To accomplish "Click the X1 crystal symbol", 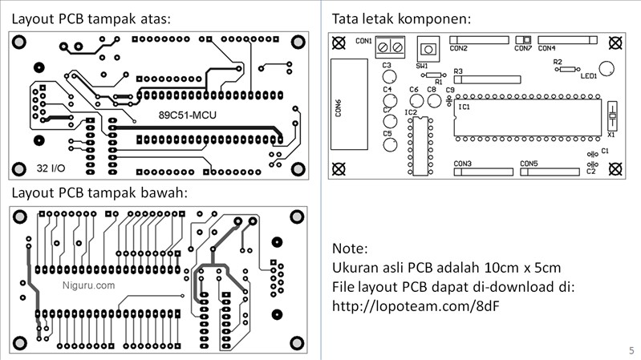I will [x=612, y=118].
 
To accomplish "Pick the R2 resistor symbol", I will [x=568, y=70].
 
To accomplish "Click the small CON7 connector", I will [x=524, y=40].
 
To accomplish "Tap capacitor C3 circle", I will [x=389, y=78].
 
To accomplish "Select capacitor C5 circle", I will [x=389, y=145].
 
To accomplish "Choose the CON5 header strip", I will [x=550, y=172].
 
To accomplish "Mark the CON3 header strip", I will [x=482, y=172].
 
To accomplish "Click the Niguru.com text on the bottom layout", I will [x=88, y=285].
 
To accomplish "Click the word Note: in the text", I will [x=350, y=247].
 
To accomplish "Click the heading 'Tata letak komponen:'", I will [x=401, y=18].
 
